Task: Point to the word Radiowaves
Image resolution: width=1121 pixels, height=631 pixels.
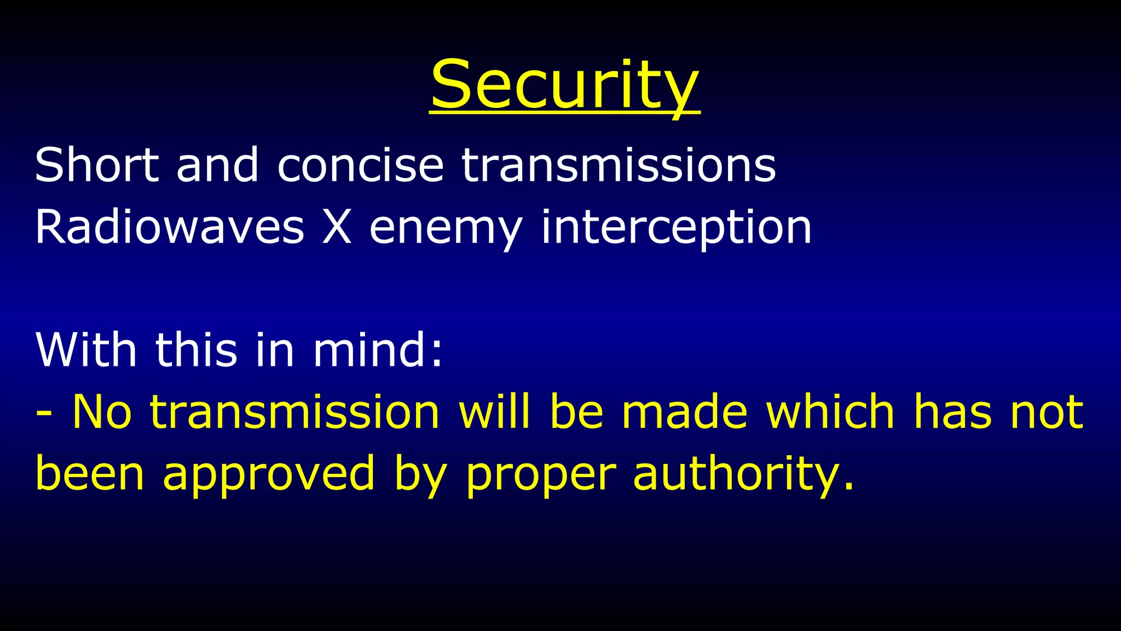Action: [x=169, y=227]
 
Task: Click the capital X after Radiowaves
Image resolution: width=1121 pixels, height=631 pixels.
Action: [x=337, y=227]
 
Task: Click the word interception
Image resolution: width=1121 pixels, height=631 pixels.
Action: [x=676, y=227]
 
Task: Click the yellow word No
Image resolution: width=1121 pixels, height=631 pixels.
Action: [x=102, y=411]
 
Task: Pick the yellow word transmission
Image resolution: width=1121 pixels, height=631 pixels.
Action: [x=295, y=411]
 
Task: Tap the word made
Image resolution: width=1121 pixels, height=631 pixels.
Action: [x=684, y=411]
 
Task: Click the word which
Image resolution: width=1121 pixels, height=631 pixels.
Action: [x=830, y=411]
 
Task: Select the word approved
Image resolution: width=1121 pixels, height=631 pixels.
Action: [x=269, y=474]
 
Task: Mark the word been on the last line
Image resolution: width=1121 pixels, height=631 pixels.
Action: [x=90, y=473]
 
